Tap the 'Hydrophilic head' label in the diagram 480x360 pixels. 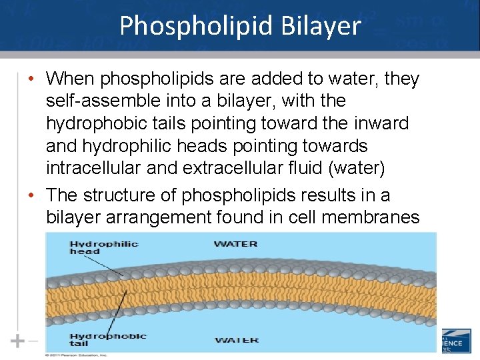103,247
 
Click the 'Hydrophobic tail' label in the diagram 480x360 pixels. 107,339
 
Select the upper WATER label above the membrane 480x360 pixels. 235,243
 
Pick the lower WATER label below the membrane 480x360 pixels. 236,340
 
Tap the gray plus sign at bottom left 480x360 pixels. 17,341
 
